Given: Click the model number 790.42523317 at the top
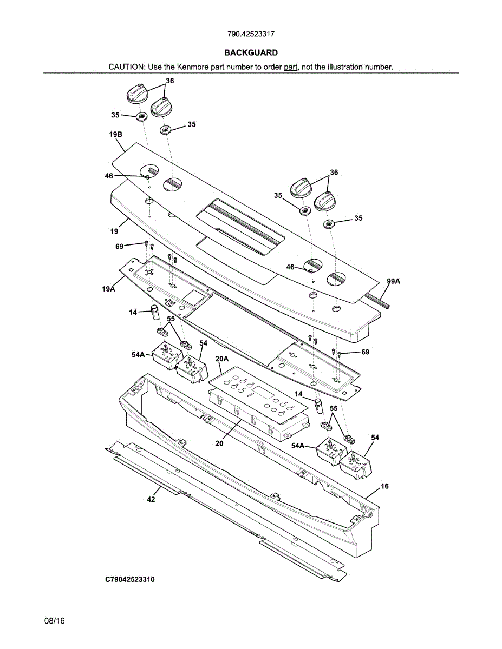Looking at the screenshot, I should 251,34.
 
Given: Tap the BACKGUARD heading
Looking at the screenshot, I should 251,52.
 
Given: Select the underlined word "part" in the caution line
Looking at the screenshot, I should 291,67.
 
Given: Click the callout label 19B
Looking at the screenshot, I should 115,134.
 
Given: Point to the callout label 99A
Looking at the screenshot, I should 394,281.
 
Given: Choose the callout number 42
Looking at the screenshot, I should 151,499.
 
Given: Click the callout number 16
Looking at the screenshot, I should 384,486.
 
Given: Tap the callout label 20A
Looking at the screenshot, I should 222,359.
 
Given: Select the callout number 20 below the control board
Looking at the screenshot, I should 219,443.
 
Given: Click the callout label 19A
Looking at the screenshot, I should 109,289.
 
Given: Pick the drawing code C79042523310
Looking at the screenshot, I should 130,580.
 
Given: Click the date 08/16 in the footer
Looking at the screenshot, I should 55,621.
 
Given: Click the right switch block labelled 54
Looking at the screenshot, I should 356,463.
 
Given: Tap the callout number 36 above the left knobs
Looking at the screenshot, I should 170,81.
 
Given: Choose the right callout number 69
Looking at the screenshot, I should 366,352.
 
